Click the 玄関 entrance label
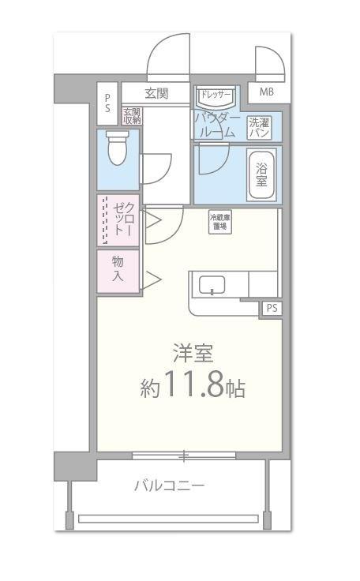pyautogui.click(x=156, y=93)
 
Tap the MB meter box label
pyautogui.click(x=266, y=92)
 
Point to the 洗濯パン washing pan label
pyautogui.click(x=259, y=127)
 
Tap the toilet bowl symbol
pyautogui.click(x=118, y=148)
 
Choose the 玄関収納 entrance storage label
pyautogui.click(x=131, y=117)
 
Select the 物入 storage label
pyautogui.click(x=118, y=269)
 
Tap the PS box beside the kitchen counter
pyautogui.click(x=272, y=307)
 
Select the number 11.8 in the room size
pyautogui.click(x=193, y=387)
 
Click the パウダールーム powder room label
pyautogui.click(x=215, y=125)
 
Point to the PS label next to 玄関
pyautogui.click(x=108, y=103)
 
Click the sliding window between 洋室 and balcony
pyautogui.click(x=183, y=455)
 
